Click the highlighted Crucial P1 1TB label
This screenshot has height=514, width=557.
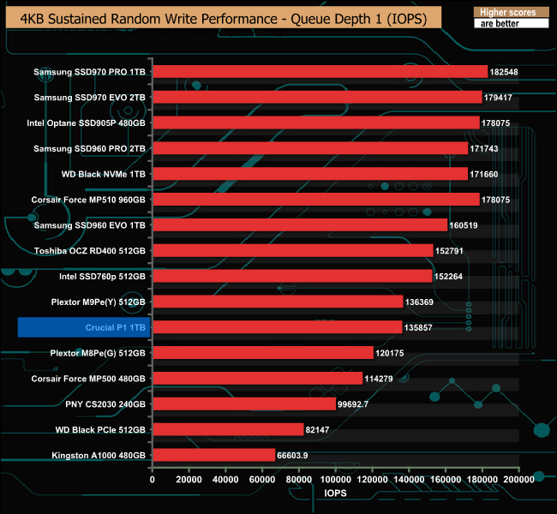82,327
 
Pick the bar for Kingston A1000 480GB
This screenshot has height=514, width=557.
213,455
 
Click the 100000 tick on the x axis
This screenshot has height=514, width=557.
336,481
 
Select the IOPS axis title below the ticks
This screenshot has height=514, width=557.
335,494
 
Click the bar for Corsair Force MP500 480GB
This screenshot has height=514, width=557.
257,379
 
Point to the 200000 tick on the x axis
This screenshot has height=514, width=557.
518,481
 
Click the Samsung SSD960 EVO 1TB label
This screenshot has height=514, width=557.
90,225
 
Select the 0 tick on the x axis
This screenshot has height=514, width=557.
153,481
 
